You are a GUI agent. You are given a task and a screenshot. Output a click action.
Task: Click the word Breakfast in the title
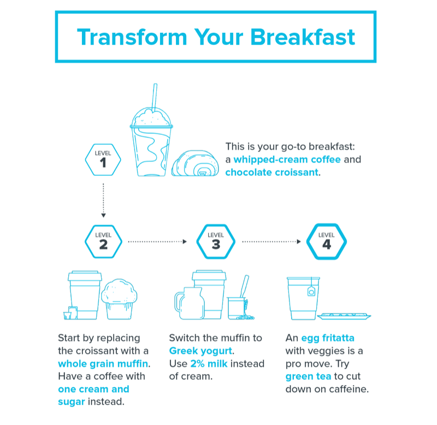(303, 37)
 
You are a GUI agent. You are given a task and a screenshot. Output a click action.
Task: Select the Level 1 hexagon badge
(103, 160)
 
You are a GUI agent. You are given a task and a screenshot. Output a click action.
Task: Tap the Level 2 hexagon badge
(103, 241)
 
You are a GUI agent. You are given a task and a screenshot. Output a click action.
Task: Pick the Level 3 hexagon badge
(216, 241)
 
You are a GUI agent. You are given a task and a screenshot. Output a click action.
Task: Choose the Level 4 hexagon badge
(327, 241)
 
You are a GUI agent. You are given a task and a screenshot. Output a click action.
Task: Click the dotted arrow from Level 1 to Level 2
(103, 200)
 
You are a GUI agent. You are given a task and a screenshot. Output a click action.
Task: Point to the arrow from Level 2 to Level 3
(157, 241)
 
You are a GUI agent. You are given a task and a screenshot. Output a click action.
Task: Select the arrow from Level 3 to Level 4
(271, 241)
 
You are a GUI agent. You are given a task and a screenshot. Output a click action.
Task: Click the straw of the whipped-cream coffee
(155, 98)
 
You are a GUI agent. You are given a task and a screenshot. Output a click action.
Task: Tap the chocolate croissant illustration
(195, 163)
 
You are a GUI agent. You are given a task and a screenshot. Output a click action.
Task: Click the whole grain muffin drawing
(119, 299)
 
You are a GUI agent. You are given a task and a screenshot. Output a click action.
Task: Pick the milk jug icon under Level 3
(190, 303)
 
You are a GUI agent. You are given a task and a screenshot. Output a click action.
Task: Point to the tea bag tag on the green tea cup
(311, 291)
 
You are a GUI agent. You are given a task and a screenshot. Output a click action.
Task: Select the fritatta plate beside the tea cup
(344, 316)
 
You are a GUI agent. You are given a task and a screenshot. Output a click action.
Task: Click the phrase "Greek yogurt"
(200, 351)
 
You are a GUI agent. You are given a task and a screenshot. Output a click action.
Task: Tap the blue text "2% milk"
(209, 363)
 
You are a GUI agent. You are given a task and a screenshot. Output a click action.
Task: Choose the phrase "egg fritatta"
(328, 338)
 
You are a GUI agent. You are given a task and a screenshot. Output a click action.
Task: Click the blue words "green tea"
(308, 376)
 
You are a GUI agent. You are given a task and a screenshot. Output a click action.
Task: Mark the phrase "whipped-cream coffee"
(287, 160)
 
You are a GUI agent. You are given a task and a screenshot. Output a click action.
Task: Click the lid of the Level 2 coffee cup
(85, 276)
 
